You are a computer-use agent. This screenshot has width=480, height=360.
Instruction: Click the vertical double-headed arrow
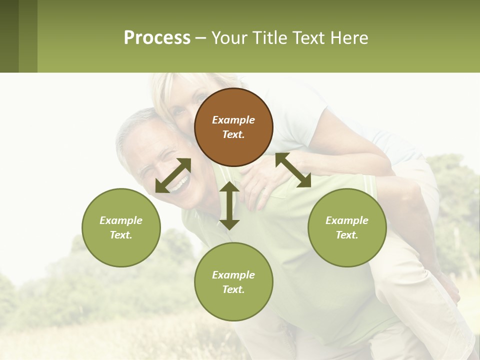pyautogui.click(x=229, y=205)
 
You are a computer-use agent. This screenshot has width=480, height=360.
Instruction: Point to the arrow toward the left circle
pyautogui.click(x=173, y=175)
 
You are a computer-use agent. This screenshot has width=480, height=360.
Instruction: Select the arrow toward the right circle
pyautogui.click(x=293, y=170)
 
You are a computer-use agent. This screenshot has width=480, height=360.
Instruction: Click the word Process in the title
pyautogui.click(x=157, y=37)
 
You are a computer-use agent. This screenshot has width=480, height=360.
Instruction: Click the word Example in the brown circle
pyautogui.click(x=233, y=120)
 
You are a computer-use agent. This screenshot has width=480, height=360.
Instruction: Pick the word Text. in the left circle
pyautogui.click(x=121, y=235)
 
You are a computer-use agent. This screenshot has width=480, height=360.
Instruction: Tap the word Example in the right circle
pyautogui.click(x=347, y=220)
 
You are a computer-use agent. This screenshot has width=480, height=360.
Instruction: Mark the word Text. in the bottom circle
pyautogui.click(x=233, y=289)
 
